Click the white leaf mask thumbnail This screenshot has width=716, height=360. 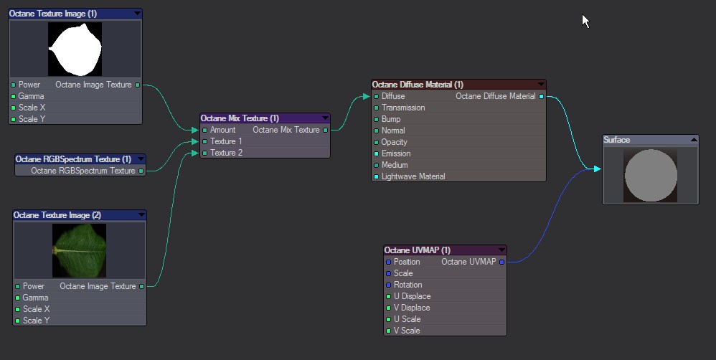[75, 49]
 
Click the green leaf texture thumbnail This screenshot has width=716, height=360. [79, 250]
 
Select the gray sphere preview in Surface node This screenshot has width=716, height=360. [651, 176]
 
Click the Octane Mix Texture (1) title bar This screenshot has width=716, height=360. [240, 118]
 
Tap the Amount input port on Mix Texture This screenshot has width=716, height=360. [205, 130]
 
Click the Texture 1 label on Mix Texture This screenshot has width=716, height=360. [226, 141]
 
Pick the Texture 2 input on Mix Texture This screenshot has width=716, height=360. [205, 153]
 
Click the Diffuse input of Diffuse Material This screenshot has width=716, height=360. [377, 96]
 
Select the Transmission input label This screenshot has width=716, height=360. [402, 108]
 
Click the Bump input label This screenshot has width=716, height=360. [391, 119]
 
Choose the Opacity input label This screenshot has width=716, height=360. [394, 142]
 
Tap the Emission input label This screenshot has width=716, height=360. [396, 153]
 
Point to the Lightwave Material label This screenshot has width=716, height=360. [413, 176]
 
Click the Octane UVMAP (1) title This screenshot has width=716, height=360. [418, 250]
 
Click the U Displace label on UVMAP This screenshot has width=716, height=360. [412, 296]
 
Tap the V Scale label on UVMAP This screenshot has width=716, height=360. [407, 331]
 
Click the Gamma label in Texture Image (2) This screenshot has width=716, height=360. [35, 298]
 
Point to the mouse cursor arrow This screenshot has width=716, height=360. [585, 19]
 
